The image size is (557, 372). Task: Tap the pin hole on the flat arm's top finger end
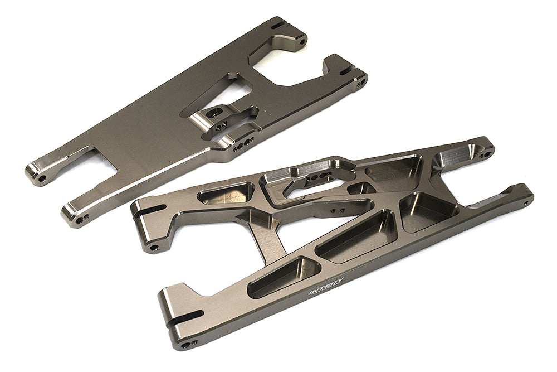pyautogui.click(x=301, y=41)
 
